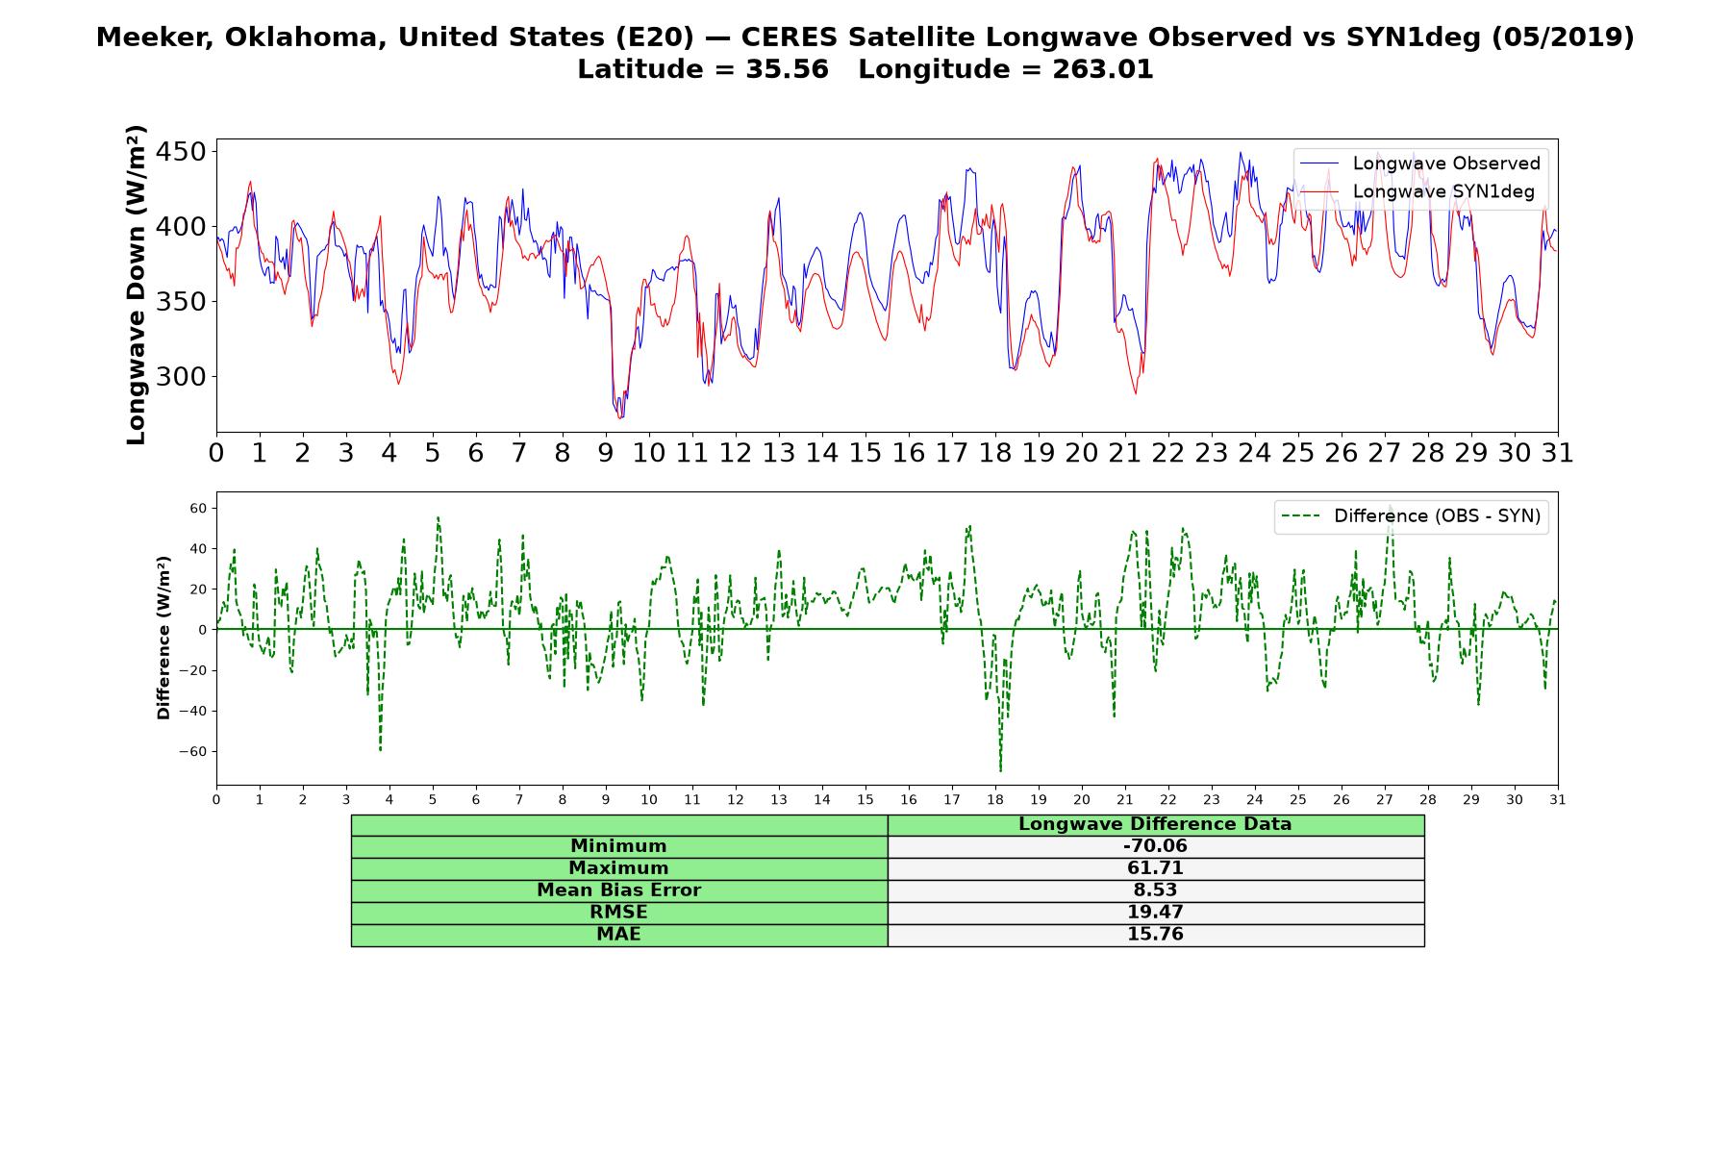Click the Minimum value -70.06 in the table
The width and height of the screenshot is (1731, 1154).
[x=1155, y=846]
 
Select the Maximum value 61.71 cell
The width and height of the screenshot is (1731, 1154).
[x=1155, y=868]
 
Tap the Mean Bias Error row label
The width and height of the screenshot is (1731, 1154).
[x=618, y=891]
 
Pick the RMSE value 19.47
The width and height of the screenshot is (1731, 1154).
[x=1155, y=913]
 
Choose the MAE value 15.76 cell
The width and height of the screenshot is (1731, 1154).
[x=1155, y=935]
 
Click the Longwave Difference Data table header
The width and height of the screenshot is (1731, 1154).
[x=1155, y=824]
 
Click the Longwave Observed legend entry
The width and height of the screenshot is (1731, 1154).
[x=1420, y=163]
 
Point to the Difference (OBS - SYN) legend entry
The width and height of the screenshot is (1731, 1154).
[x=1411, y=516]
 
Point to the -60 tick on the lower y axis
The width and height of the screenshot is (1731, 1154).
[x=191, y=751]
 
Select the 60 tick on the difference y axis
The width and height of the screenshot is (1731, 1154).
[x=198, y=508]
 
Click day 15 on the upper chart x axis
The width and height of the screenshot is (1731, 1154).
[x=865, y=453]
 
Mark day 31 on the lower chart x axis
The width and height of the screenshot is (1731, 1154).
[x=1558, y=800]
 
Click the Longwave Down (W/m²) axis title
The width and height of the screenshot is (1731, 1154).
[x=136, y=285]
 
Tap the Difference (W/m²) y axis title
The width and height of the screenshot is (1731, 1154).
[x=163, y=638]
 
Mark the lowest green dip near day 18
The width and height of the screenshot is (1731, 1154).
[x=1000, y=770]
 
